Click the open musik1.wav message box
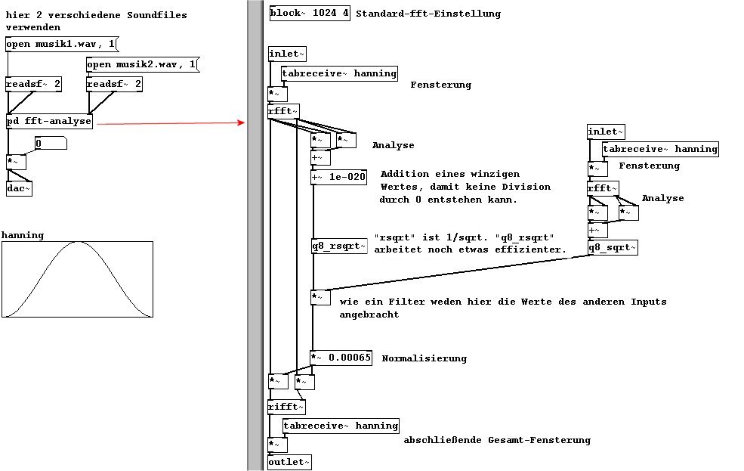click(61, 45)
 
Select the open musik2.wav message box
click(141, 65)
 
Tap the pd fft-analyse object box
click(49, 121)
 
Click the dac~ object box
click(20, 188)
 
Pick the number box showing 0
click(51, 143)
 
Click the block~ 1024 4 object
click(310, 14)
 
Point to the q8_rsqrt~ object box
click(339, 246)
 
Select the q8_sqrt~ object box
click(613, 247)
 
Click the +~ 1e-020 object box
click(339, 178)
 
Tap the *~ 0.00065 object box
click(341, 358)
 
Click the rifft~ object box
click(286, 407)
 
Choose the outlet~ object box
click(289, 462)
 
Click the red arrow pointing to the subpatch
click(174, 122)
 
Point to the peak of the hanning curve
click(78, 242)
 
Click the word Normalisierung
click(424, 358)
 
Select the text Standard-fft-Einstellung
click(428, 14)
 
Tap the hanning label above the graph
click(23, 235)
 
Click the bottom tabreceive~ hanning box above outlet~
click(341, 426)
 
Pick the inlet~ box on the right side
click(607, 132)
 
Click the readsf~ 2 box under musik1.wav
click(33, 84)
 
